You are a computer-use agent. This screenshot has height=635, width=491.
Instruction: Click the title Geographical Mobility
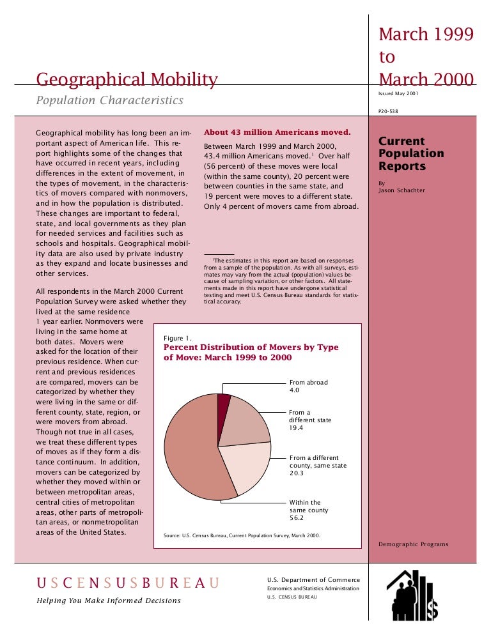[x=127, y=80]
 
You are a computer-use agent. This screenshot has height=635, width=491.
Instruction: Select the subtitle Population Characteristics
[x=109, y=100]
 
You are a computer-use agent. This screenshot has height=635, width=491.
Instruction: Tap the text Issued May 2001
[x=399, y=94]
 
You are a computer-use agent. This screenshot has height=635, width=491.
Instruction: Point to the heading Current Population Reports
[x=411, y=153]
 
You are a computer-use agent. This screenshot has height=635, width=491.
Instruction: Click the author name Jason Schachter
[x=401, y=190]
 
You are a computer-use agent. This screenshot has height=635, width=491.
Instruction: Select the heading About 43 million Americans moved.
[x=277, y=133]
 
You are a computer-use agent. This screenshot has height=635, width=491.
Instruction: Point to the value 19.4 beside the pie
[x=297, y=428]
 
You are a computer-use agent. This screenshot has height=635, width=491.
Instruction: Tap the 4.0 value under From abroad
[x=295, y=390]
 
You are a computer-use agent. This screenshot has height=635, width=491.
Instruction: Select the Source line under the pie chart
[x=242, y=535]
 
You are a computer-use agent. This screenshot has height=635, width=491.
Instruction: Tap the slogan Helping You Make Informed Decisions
[x=109, y=601]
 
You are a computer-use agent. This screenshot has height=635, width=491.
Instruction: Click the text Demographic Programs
[x=413, y=544]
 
